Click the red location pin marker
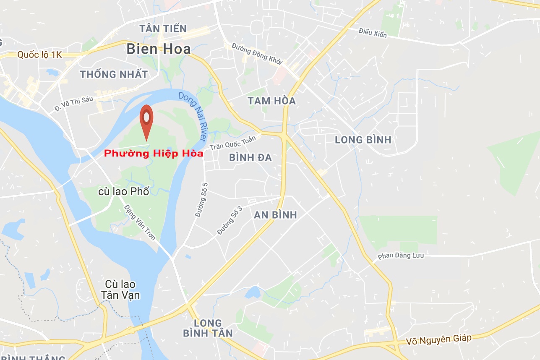(146, 119)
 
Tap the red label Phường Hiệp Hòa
(154, 154)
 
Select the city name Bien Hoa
(159, 49)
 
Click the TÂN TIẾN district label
(163, 29)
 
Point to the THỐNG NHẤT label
(114, 74)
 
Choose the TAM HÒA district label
(271, 101)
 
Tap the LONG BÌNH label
(363, 140)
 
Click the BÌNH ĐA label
(250, 157)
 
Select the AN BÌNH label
(275, 215)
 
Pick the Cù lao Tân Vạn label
(120, 290)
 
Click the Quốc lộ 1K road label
(39, 55)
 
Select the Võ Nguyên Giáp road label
(438, 339)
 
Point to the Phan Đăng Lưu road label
(400, 256)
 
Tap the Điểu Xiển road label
(373, 33)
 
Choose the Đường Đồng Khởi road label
(257, 54)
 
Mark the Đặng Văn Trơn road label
(140, 222)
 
